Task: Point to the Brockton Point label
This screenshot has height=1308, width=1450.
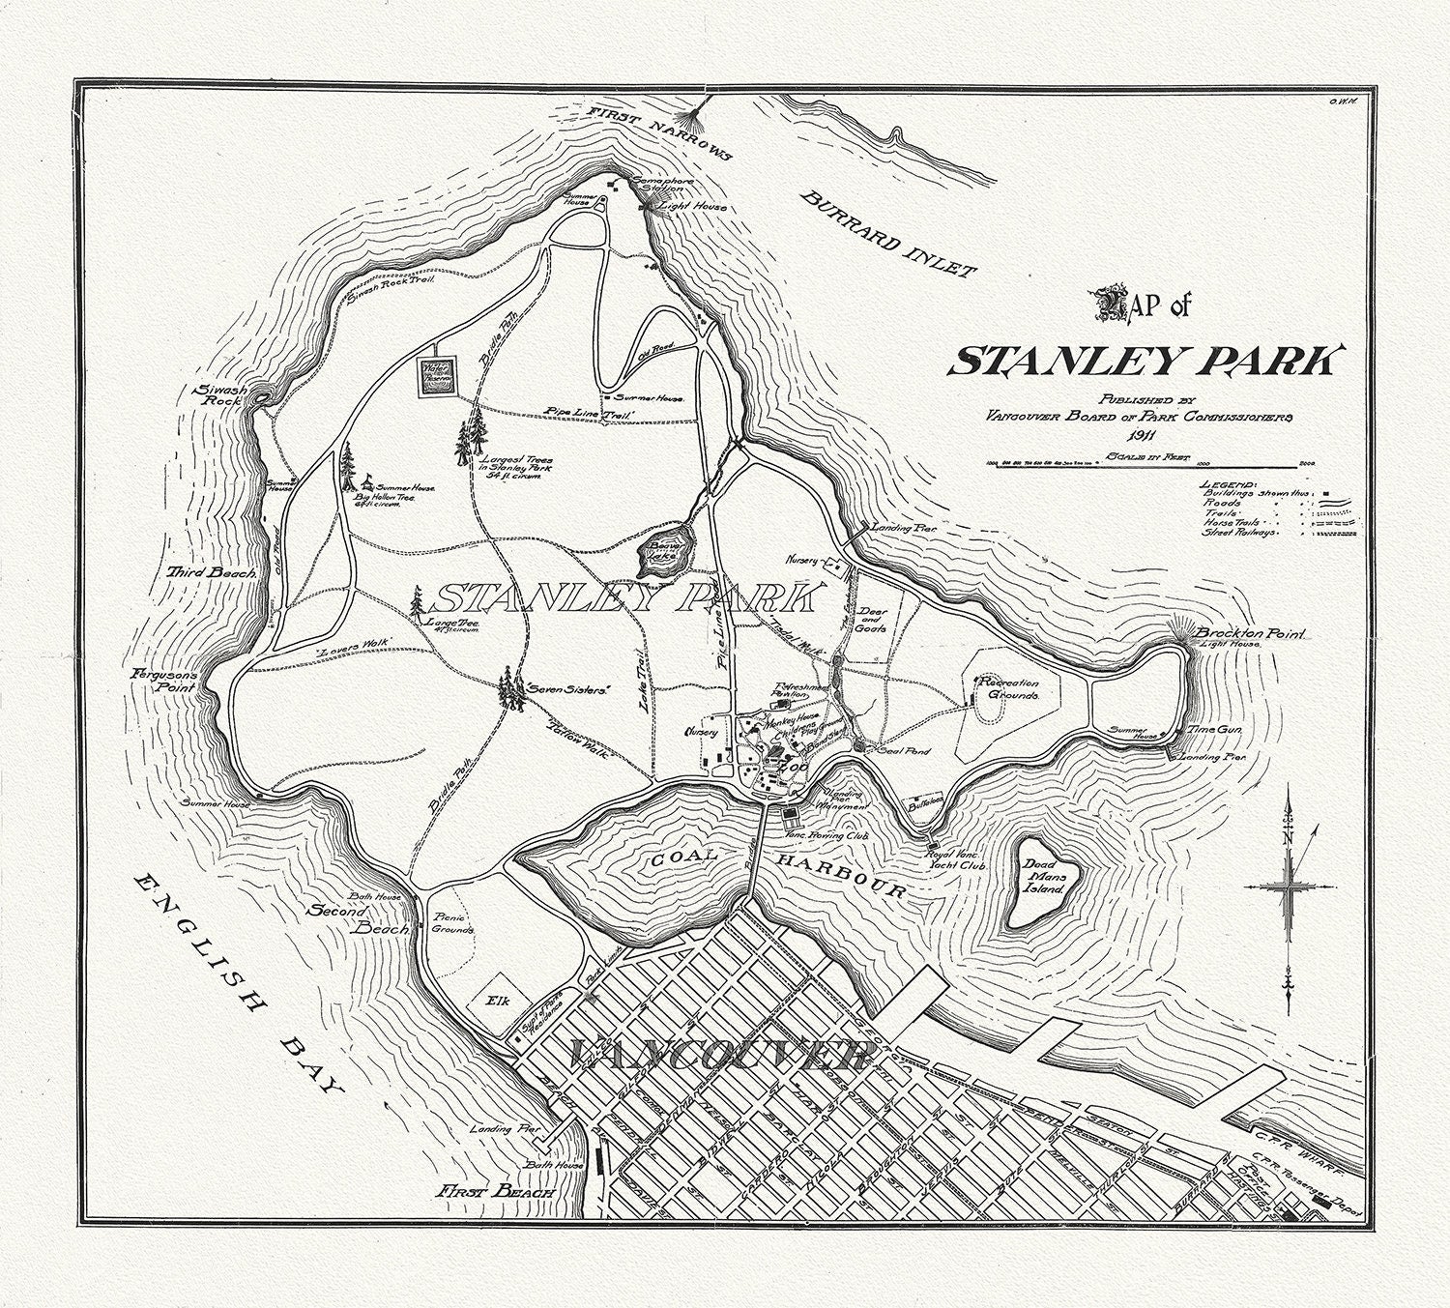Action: tap(1251, 632)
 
